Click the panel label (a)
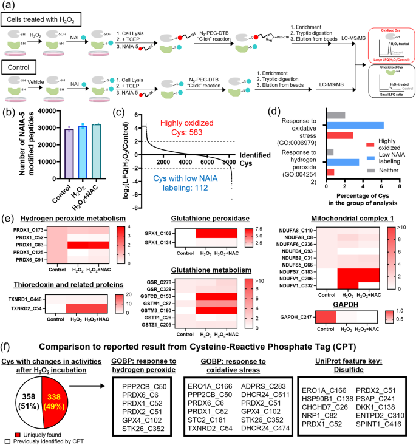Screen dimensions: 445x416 point(8,6)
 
